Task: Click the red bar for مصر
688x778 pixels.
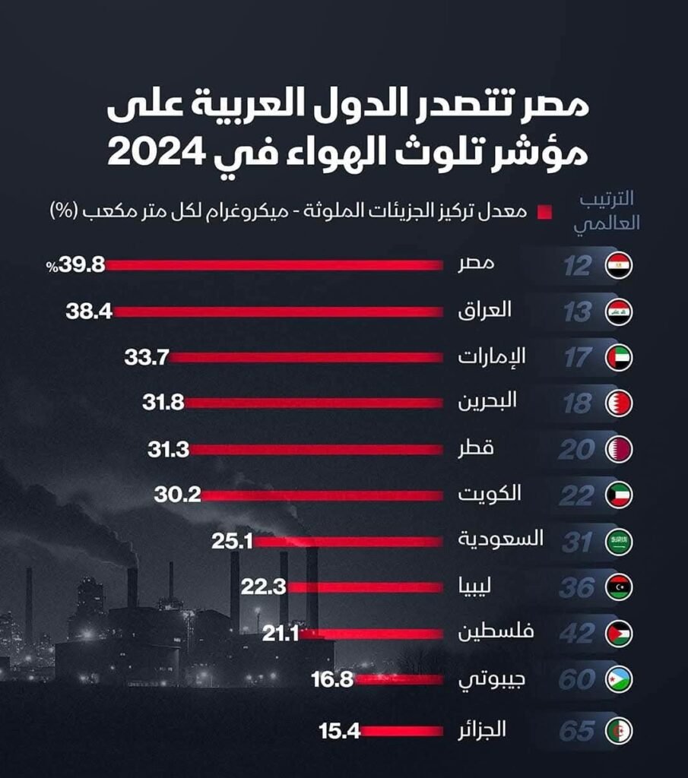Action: click(274, 265)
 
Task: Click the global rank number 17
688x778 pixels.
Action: click(578, 358)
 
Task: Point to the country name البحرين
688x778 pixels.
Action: click(487, 402)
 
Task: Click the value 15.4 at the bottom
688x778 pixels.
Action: click(338, 732)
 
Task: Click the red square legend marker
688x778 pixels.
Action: click(544, 213)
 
